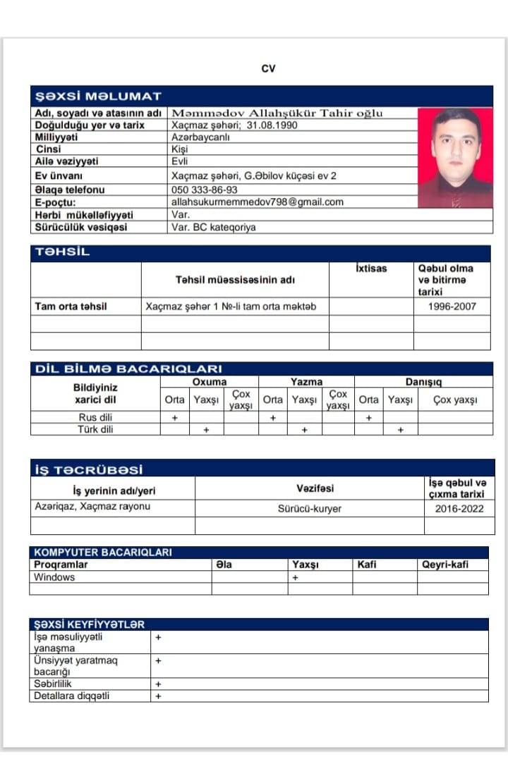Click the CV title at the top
tap(268, 68)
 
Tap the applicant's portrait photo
tap(455, 157)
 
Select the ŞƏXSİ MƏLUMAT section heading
tap(98, 96)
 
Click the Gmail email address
tap(258, 202)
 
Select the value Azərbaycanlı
tap(201, 137)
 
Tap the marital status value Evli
tap(179, 161)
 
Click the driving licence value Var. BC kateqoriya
tap(214, 227)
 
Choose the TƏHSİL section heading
tap(62, 252)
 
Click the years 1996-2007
tap(452, 307)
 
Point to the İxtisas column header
tap(372, 269)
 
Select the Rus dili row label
tap(95, 417)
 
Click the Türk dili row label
tap(95, 429)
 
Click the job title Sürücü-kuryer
tap(309, 508)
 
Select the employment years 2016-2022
tap(459, 508)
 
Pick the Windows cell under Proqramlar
tap(54, 577)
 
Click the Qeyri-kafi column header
tap(445, 564)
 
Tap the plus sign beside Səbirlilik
tap(158, 684)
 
